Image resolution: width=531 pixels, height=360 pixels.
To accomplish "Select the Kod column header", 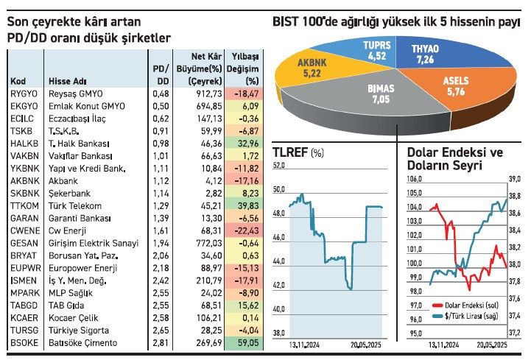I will click(20, 81).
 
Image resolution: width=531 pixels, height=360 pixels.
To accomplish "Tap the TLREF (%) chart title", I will click(298, 153).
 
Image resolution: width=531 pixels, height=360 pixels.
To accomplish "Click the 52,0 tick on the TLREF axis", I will click(278, 166).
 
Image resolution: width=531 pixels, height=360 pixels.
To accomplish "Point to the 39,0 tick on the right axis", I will click(515, 179).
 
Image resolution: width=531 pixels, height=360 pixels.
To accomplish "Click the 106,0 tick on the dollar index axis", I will click(414, 179).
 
